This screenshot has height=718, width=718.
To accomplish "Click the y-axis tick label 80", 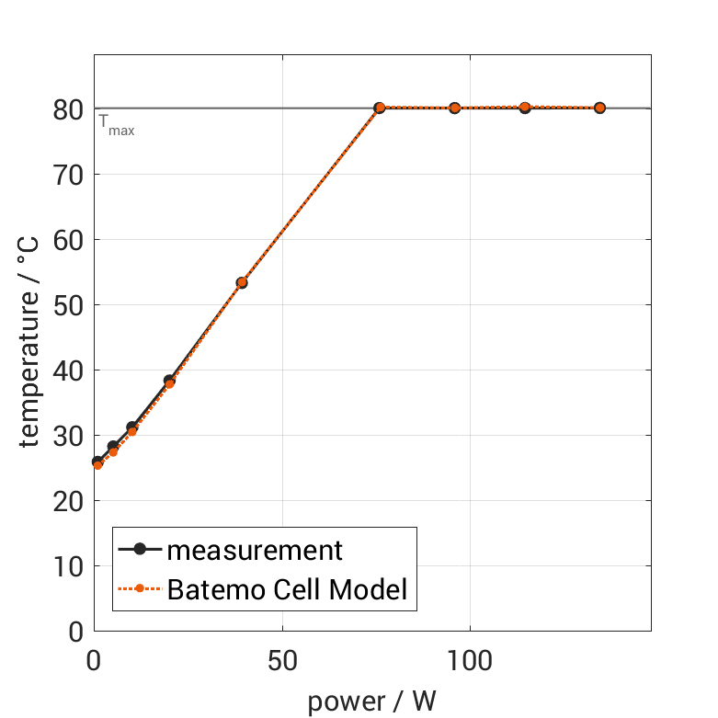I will click(70, 109).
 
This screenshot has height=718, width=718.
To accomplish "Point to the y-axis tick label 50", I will click(70, 305).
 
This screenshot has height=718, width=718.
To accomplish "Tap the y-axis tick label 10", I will click(70, 566).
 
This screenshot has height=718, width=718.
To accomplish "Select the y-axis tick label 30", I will click(70, 436).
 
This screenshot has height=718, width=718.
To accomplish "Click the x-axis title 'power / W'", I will click(371, 701).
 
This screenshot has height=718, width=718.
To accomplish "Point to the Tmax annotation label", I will click(117, 125).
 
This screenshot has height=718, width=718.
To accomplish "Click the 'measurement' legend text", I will click(255, 551).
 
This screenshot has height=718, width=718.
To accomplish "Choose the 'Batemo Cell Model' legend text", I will click(287, 588).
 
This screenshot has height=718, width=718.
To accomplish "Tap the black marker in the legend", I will click(140, 550).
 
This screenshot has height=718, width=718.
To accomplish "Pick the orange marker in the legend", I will click(140, 588).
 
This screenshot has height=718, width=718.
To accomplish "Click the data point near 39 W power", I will click(242, 282).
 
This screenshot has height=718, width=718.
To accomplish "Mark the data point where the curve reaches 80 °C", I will click(379, 108).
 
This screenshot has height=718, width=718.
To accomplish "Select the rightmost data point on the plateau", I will click(599, 108).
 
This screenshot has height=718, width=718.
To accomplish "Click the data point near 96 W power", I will click(454, 108).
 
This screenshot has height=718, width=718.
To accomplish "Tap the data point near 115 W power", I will click(525, 108).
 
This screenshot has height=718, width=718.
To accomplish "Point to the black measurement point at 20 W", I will click(169, 380).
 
